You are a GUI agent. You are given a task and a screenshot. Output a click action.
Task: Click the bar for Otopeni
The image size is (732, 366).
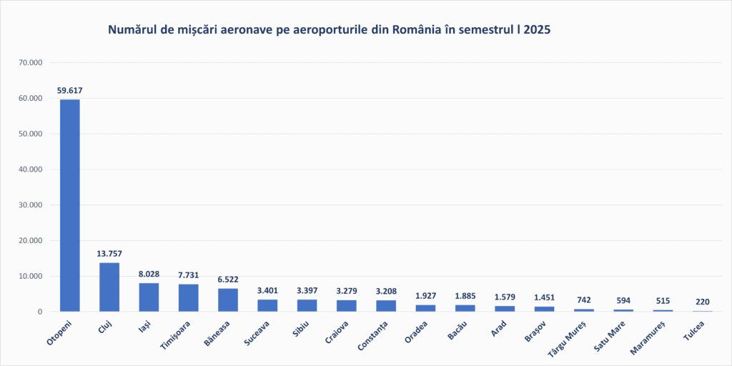(x=69, y=205)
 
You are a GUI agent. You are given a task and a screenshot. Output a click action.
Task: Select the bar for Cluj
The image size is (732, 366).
(x=109, y=287)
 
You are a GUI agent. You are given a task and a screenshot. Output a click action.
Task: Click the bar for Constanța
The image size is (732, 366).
(x=386, y=306)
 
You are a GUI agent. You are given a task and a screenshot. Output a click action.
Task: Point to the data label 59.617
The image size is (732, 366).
(x=69, y=91)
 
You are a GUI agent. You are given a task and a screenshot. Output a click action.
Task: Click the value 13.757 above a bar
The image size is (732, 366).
(x=109, y=254)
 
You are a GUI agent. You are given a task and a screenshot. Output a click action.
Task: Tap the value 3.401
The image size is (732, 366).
(x=267, y=290)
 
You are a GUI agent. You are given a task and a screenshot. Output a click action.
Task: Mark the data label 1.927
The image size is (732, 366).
(x=426, y=296)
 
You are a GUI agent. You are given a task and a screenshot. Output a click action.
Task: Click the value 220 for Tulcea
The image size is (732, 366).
(x=703, y=302)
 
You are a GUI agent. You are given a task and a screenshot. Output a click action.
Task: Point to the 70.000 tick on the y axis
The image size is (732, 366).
(x=31, y=63)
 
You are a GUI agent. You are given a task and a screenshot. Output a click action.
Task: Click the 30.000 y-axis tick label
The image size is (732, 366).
(x=31, y=205)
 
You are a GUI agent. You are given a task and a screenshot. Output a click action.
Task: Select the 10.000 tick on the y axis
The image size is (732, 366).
(x=31, y=276)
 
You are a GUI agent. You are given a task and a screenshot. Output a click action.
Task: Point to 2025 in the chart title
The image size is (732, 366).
(x=537, y=30)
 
